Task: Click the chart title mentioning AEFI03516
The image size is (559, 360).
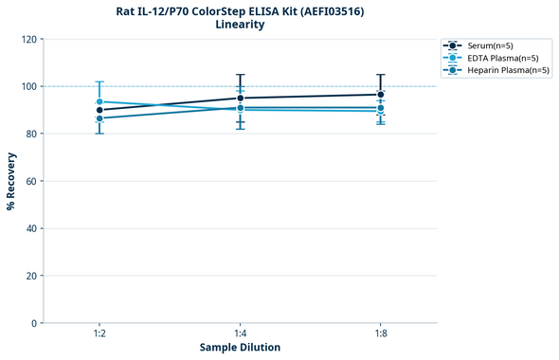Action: [x=240, y=10]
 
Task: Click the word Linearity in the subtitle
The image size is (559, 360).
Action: [x=240, y=25]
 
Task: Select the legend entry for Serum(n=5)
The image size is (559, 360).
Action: [x=490, y=45]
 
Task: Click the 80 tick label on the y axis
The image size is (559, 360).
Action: [x=30, y=134]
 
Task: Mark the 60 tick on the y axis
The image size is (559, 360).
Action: [x=30, y=181]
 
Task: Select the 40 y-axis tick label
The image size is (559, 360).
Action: [x=30, y=228]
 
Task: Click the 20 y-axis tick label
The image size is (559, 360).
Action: [x=30, y=276]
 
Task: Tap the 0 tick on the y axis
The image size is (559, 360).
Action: [x=33, y=323]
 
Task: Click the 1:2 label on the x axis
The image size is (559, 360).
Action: [x=99, y=334]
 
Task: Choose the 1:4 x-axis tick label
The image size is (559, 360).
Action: [x=240, y=334]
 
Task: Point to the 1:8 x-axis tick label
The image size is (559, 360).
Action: [x=380, y=334]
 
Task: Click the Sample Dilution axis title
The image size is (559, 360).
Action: [x=240, y=348]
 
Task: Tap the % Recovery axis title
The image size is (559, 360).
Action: [x=11, y=180]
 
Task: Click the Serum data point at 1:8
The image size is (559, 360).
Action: [x=380, y=95]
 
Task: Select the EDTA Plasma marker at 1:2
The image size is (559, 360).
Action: [x=99, y=101]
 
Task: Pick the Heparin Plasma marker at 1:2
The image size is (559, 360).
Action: [x=99, y=118]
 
